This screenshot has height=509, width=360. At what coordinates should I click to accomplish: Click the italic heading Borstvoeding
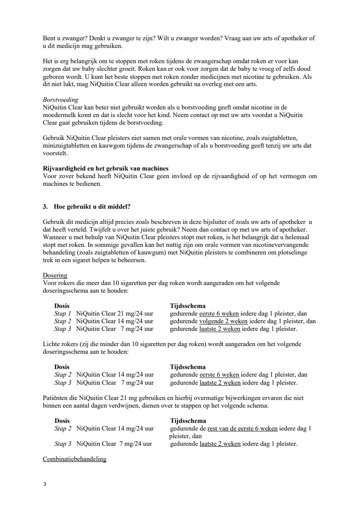[x=61, y=100]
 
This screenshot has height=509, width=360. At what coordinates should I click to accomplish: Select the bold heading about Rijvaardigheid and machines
[x=106, y=168]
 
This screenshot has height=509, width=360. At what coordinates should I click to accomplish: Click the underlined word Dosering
[x=55, y=275]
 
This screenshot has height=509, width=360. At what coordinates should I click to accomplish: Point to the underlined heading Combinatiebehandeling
[x=74, y=459]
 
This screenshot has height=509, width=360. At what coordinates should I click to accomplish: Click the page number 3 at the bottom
[x=45, y=484]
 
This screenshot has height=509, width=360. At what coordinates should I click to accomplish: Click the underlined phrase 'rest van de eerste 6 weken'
[x=243, y=428]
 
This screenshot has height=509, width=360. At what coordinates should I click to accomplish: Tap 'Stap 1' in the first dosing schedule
[x=63, y=313]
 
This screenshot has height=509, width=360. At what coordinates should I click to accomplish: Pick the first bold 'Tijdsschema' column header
[x=188, y=306]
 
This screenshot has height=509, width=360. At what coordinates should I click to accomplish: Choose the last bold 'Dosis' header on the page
[x=62, y=421]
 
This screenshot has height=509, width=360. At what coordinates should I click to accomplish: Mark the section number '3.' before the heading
[x=46, y=207]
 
